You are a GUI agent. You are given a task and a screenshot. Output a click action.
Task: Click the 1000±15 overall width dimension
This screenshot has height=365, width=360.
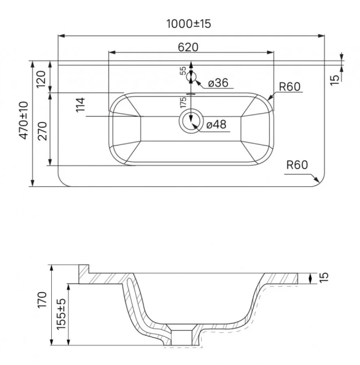[189, 24]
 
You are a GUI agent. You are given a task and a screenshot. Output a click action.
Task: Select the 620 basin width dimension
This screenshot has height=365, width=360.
[188, 47]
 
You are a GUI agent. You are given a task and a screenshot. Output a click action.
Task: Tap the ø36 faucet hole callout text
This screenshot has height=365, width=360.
[218, 83]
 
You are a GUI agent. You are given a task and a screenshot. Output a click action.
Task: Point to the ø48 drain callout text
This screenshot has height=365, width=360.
[216, 124]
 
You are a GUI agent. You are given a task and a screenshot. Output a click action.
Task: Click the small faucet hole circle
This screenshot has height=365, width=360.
[191, 77]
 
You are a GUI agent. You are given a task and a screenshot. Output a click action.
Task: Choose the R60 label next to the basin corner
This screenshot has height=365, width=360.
[290, 86]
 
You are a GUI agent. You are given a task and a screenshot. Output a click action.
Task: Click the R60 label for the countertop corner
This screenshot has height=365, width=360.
[297, 165]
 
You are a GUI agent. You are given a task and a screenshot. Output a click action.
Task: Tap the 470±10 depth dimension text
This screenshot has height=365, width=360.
[24, 120]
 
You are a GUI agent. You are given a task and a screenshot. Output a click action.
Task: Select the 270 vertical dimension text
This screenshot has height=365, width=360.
[43, 131]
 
